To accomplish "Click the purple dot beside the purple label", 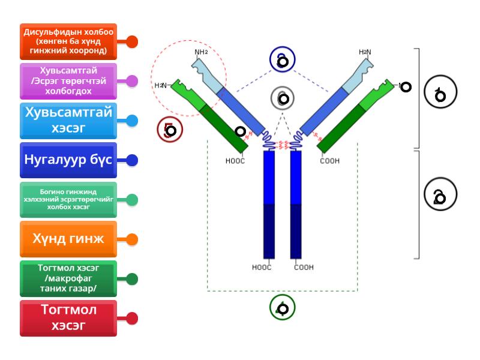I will pyautogui.click(x=132, y=81).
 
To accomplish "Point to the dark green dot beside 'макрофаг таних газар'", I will pyautogui.click(x=132, y=279).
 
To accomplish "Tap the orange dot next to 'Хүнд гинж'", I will pyautogui.click(x=132, y=239).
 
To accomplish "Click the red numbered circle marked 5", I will pyautogui.click(x=169, y=130).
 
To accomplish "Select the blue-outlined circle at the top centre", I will pyautogui.click(x=283, y=59).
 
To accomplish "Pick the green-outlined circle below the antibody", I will pyautogui.click(x=283, y=308).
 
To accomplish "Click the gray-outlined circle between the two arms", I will pyautogui.click(x=283, y=98).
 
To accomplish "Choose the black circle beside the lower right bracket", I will pyautogui.click(x=440, y=194).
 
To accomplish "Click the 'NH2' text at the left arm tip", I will pyautogui.click(x=202, y=52).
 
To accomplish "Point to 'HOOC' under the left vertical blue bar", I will pyautogui.click(x=262, y=268).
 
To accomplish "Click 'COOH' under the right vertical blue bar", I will pyautogui.click(x=304, y=268).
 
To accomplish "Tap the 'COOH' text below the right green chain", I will pyautogui.click(x=330, y=161).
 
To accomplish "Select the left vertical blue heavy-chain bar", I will pyautogui.click(x=269, y=204).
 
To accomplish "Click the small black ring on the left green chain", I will pyautogui.click(x=240, y=131).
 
